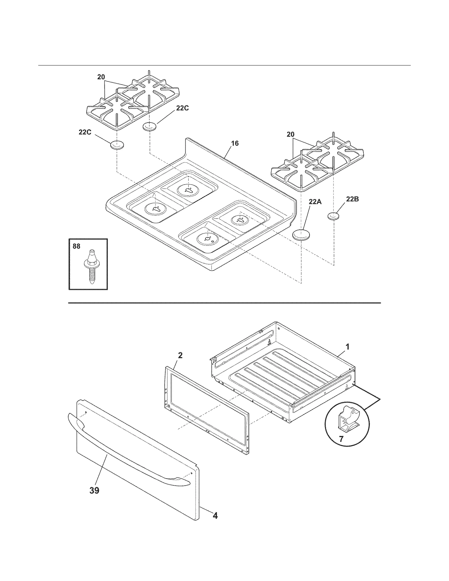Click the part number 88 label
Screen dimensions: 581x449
(76, 246)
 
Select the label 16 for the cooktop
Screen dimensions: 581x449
(235, 143)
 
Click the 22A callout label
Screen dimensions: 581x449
(315, 201)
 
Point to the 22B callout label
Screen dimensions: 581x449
(352, 199)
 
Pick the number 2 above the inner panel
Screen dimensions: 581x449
(180, 355)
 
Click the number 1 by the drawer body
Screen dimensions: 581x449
(347, 347)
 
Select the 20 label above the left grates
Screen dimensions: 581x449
(101, 77)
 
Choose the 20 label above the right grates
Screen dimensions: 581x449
(290, 134)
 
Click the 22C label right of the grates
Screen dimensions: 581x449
(182, 108)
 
